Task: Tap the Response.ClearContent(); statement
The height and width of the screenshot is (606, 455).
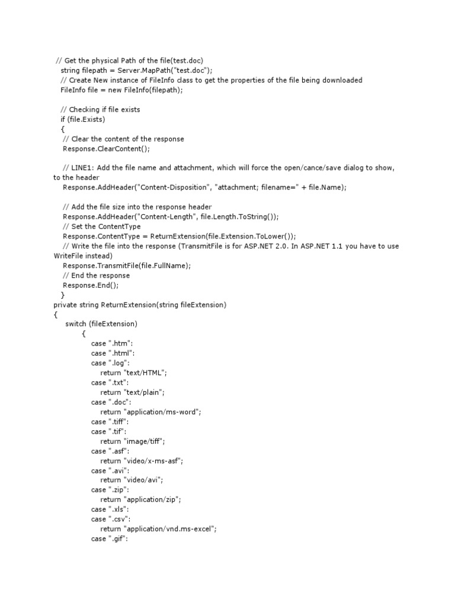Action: pyautogui.click(x=106, y=149)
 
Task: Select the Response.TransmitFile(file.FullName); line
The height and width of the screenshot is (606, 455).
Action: pyautogui.click(x=127, y=266)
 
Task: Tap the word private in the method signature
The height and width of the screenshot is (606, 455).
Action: pyautogui.click(x=66, y=305)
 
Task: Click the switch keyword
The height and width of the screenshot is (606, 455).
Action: pyautogui.click(x=75, y=324)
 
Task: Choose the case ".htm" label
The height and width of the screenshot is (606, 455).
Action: pyautogui.click(x=112, y=344)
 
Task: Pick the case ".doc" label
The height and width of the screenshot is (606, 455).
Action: pyautogui.click(x=111, y=402)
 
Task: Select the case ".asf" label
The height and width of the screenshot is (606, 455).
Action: pyautogui.click(x=111, y=451)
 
